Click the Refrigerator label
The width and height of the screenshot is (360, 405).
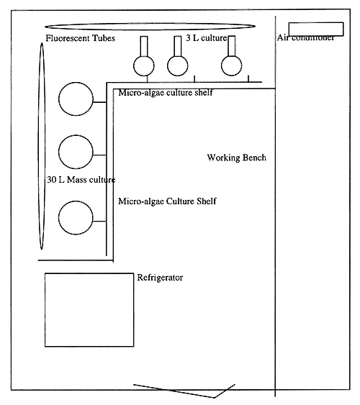click(x=160, y=278)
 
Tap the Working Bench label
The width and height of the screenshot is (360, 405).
click(x=236, y=158)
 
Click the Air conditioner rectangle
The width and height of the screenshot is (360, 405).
click(x=310, y=29)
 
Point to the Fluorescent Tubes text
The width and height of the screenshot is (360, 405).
click(x=80, y=38)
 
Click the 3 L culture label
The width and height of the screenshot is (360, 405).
click(x=207, y=37)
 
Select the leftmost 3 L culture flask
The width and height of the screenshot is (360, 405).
click(x=143, y=65)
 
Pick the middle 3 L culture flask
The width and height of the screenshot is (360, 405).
click(x=178, y=65)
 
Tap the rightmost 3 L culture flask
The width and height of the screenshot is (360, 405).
click(x=232, y=65)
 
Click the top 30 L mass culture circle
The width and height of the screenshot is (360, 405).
click(x=75, y=99)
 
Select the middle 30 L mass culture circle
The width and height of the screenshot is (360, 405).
click(x=75, y=151)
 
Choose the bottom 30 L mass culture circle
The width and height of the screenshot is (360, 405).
click(x=75, y=219)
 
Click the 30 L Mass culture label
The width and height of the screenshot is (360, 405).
click(x=81, y=179)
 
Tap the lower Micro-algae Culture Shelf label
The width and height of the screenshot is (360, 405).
click(x=167, y=201)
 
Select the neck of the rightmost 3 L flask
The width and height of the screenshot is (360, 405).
click(x=232, y=46)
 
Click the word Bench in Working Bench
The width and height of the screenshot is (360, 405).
click(x=253, y=158)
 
